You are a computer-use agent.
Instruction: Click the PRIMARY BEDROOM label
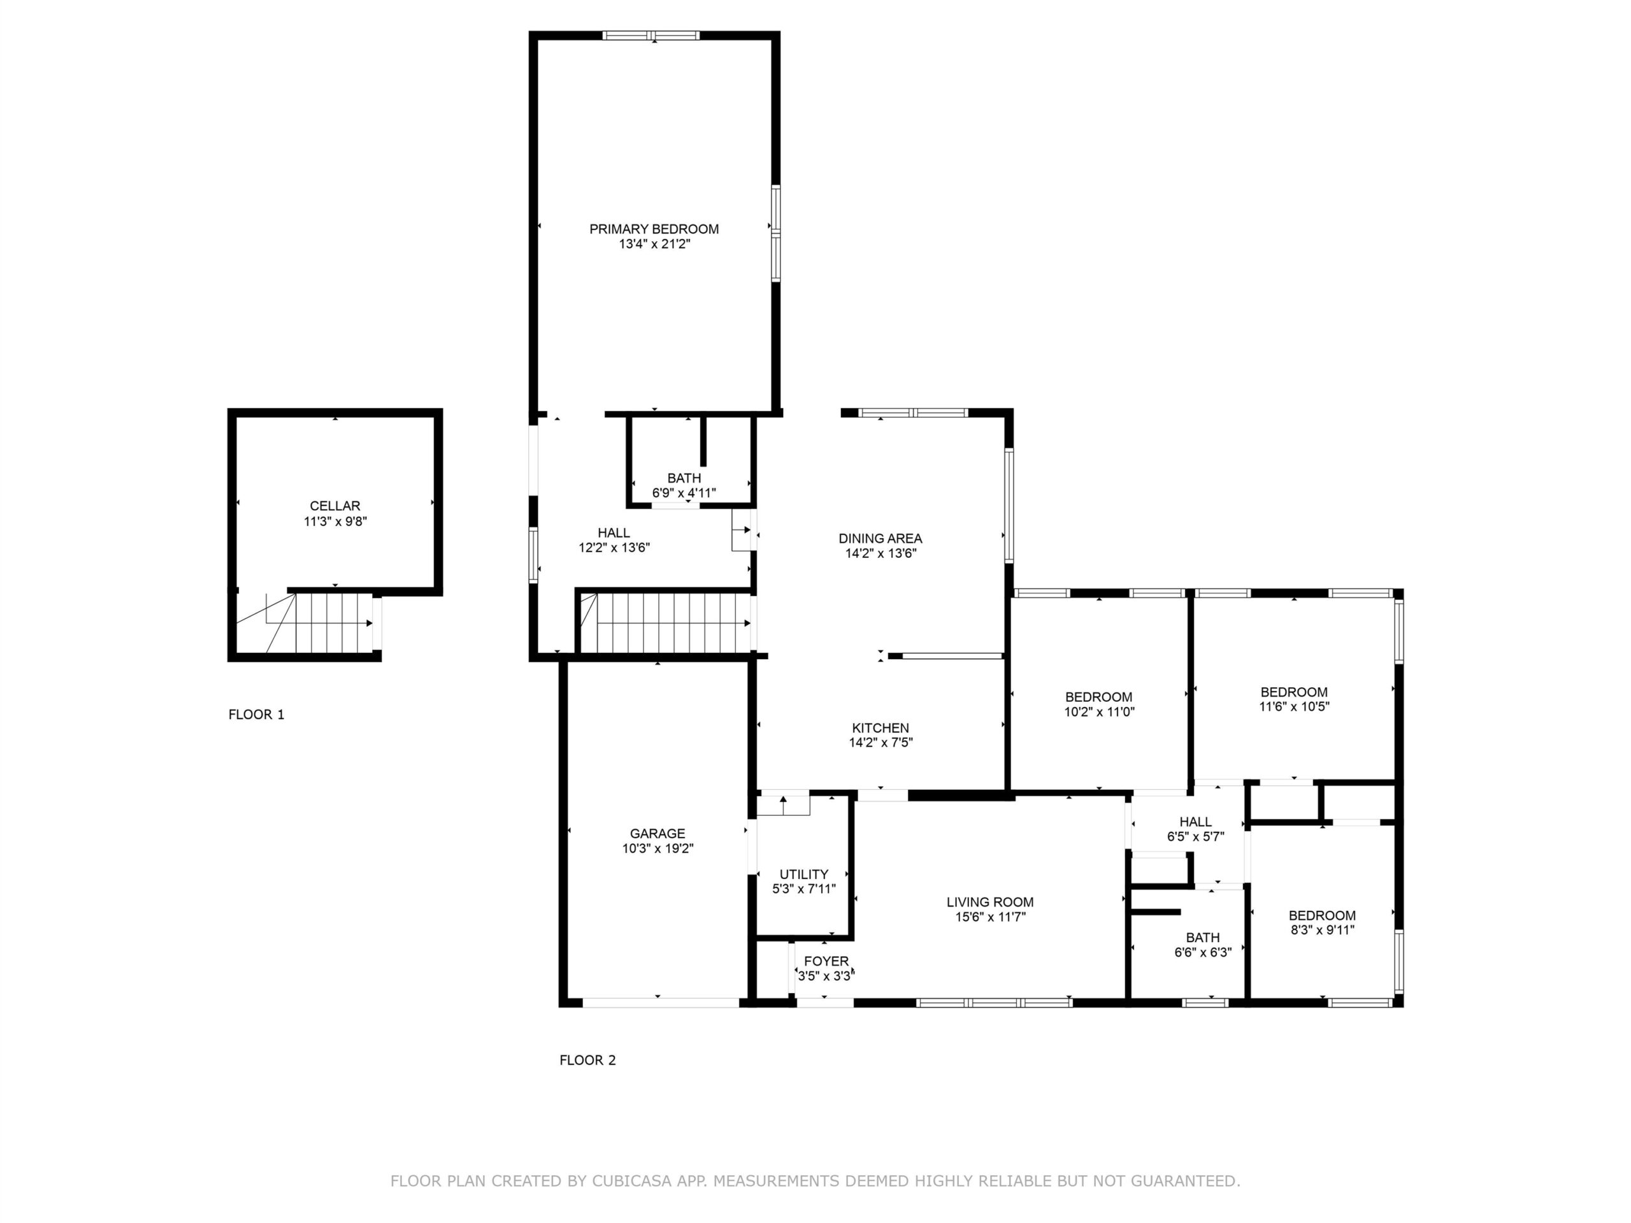654,229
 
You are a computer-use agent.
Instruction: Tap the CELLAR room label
334,506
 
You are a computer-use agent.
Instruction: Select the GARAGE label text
657,834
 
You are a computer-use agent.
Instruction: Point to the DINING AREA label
880,539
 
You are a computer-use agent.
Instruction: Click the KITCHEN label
880,727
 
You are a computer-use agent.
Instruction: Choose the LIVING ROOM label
990,903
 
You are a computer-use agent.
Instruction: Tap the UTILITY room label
803,875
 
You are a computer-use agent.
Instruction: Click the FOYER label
826,961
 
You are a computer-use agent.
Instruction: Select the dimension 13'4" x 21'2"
655,244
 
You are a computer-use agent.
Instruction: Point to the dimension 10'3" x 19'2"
657,848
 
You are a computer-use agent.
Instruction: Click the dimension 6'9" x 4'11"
684,493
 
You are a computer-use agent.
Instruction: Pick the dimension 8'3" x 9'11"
1323,931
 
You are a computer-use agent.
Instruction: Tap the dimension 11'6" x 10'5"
1294,706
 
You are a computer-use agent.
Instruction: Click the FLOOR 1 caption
256,714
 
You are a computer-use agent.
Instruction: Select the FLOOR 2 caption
587,1060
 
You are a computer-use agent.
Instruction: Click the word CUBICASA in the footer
632,1182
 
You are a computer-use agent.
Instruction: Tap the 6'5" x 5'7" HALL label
1195,829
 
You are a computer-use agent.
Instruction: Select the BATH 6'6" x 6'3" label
1203,945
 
